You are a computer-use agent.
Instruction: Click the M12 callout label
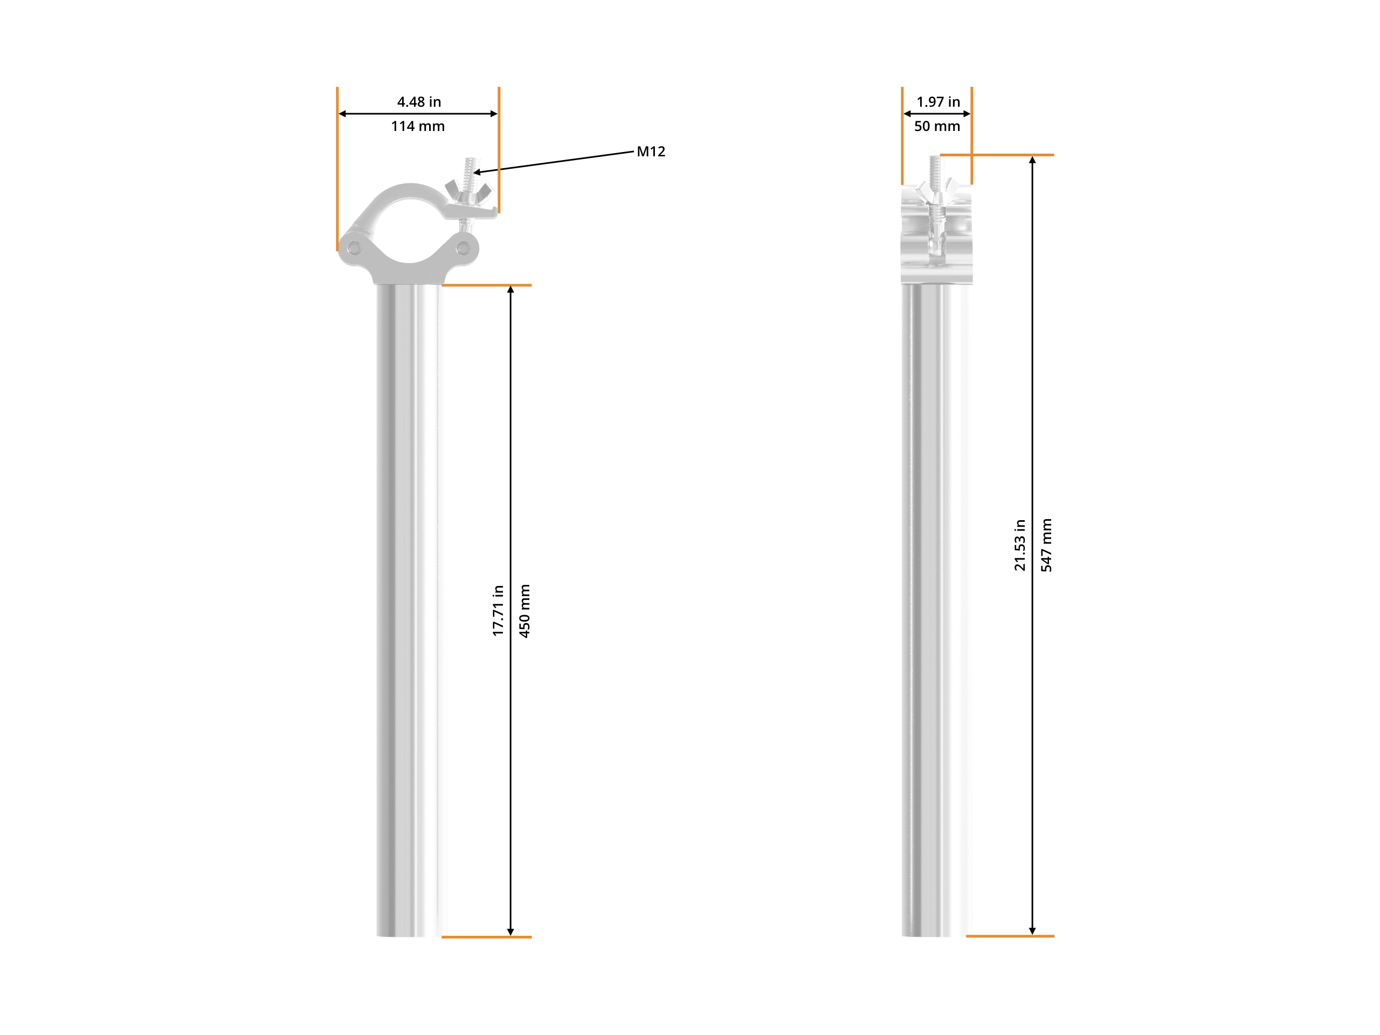[x=651, y=151]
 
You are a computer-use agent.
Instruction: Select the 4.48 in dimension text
[x=419, y=102]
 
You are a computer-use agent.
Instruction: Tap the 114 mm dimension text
[x=418, y=126]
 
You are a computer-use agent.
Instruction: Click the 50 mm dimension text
[x=937, y=126]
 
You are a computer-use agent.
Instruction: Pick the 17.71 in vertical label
[x=497, y=611]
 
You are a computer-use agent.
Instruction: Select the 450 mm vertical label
[x=524, y=611]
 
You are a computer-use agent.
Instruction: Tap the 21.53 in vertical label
[x=1019, y=546]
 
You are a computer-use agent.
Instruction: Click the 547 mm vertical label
[x=1046, y=546]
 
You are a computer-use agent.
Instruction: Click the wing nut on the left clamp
[x=468, y=191]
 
